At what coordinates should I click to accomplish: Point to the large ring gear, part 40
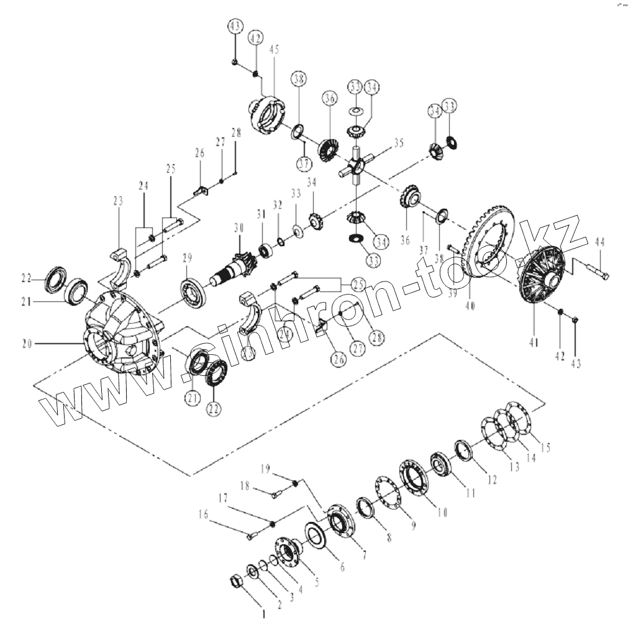coord(491,245)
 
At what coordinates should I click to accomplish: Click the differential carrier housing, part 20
coord(121,329)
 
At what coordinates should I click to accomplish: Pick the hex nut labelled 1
coord(237,581)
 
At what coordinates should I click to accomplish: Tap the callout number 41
coord(534,341)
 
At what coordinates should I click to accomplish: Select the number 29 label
coord(186,258)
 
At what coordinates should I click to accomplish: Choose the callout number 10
coord(442,513)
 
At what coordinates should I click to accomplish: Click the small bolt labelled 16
coord(250,534)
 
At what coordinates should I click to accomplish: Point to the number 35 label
coord(398,142)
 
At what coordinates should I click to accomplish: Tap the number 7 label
coord(363,553)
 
